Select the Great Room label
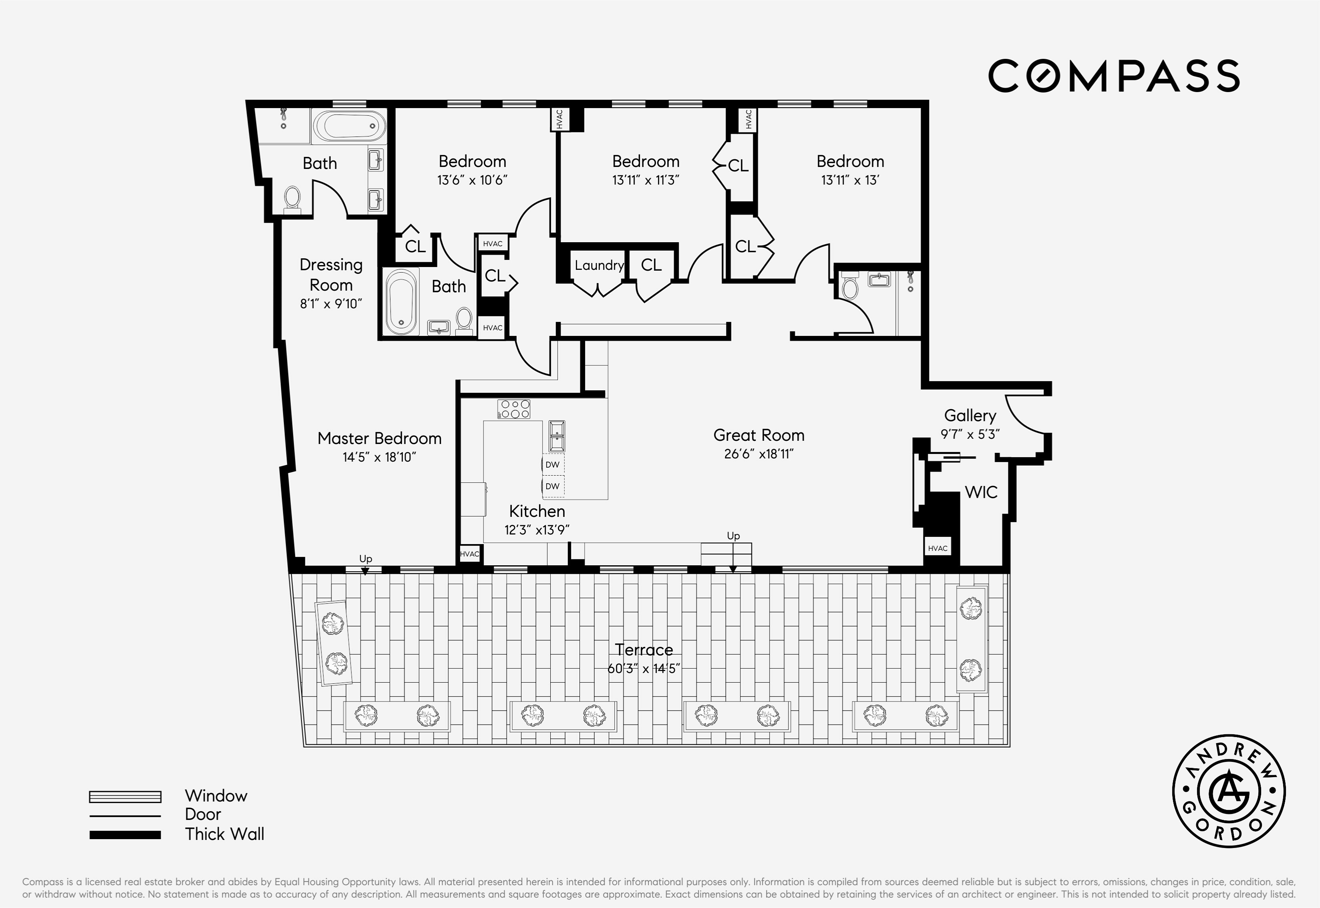(x=759, y=435)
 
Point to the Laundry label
(x=599, y=265)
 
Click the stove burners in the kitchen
(x=514, y=409)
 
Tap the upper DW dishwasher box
(x=552, y=464)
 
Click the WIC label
(x=981, y=492)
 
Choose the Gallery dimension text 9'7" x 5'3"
(x=970, y=434)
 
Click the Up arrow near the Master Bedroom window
(x=365, y=571)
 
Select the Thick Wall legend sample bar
(x=125, y=835)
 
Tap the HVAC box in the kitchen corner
(x=469, y=554)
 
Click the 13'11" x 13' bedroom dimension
(x=850, y=180)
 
